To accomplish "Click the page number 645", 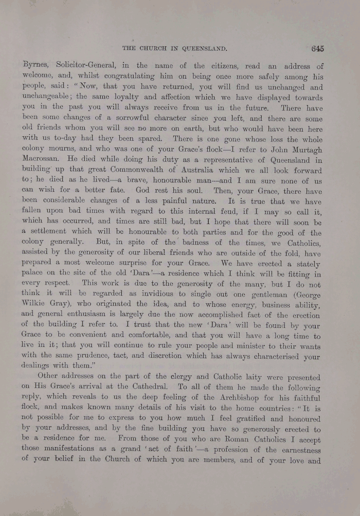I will click(x=317, y=49).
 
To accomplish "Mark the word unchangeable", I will click(x=48, y=97).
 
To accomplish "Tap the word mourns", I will click(x=65, y=150).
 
